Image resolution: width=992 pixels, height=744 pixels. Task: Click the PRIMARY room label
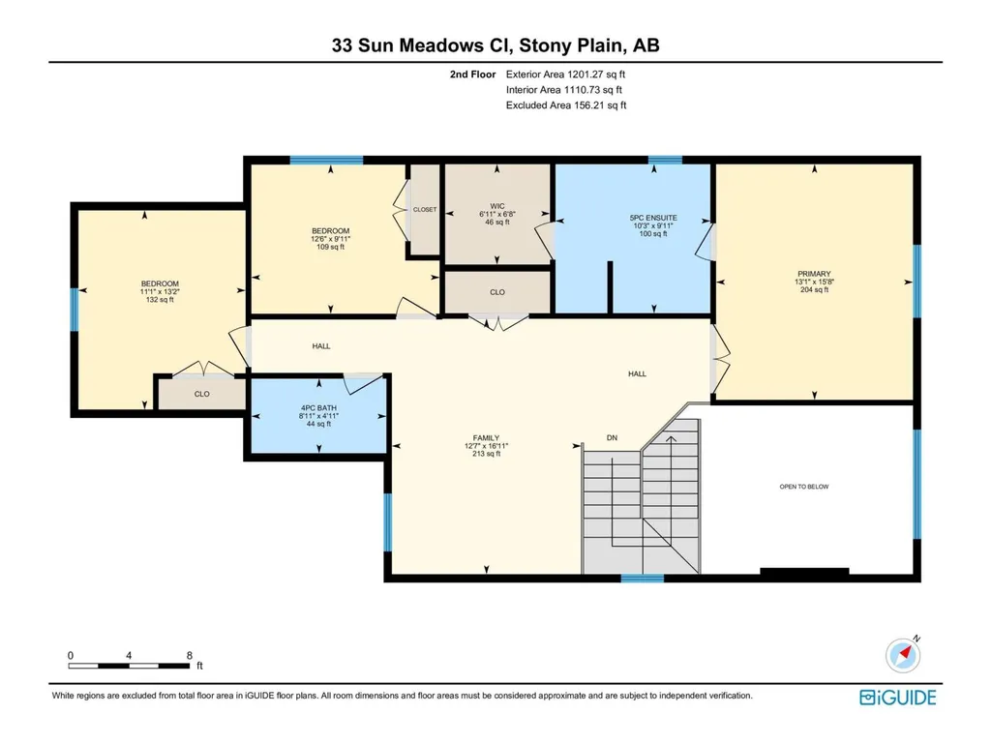coord(814,274)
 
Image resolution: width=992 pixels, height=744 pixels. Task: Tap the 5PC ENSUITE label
coord(653,218)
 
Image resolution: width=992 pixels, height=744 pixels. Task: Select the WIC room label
coord(497,206)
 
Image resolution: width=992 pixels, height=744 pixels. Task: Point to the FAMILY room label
coord(486,438)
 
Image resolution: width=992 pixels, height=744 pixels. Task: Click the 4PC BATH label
coord(318,408)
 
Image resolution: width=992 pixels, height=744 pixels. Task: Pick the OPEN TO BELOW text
coord(804,487)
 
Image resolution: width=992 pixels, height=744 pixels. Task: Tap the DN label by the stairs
coord(612,438)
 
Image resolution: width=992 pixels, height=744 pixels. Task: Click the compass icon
coord(903,655)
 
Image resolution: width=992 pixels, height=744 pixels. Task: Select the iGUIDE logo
coord(898,698)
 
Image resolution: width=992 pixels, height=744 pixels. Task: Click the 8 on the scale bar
coord(189,655)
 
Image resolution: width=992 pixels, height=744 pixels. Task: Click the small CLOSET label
coord(425,209)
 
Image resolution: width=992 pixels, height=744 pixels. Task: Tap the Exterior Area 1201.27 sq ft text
coord(565,74)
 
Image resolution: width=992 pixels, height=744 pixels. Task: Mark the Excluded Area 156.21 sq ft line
coord(566,105)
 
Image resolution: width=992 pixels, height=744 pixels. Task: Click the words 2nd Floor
coord(472,74)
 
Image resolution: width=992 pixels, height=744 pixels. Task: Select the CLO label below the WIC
coord(497,292)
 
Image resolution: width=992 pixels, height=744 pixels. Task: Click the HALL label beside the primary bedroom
coord(637,373)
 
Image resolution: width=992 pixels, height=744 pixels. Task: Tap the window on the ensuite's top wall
coord(665,160)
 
